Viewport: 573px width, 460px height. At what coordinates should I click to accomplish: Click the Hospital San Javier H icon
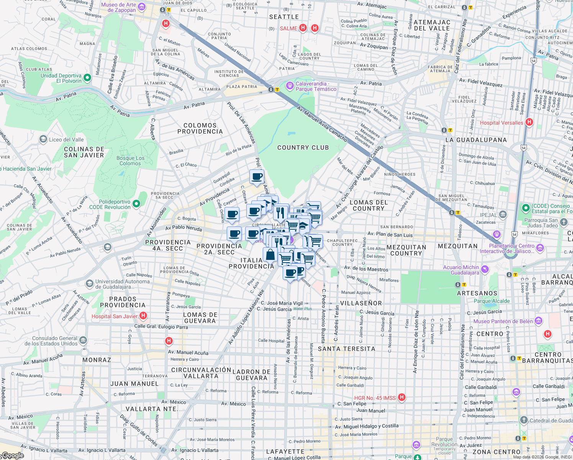click(143, 316)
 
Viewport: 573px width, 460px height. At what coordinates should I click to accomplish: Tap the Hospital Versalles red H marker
click(529, 122)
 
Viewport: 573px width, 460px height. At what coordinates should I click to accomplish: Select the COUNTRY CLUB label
click(303, 148)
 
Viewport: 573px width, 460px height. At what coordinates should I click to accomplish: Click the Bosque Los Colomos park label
click(130, 161)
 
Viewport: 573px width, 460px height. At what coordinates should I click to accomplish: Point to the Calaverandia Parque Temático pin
click(290, 84)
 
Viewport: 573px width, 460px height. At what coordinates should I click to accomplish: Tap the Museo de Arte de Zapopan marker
click(141, 7)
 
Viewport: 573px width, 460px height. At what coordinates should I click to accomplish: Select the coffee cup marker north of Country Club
click(257, 177)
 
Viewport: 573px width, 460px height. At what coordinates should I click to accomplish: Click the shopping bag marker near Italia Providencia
click(270, 255)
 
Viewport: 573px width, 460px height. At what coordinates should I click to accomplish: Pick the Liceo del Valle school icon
click(43, 140)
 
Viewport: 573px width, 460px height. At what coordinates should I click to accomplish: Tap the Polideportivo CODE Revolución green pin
click(137, 204)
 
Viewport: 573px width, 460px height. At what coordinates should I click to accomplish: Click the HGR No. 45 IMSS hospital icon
click(401, 398)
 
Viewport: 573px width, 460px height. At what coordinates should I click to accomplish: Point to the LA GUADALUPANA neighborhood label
click(476, 140)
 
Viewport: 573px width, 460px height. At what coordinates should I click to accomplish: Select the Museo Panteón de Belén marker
click(539, 321)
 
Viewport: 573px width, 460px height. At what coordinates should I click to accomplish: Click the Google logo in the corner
click(12, 455)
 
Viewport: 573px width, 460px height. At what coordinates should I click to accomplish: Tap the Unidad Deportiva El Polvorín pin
click(87, 78)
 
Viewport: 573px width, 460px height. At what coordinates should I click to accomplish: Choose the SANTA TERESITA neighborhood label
click(347, 349)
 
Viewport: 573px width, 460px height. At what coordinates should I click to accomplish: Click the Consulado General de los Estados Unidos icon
click(83, 340)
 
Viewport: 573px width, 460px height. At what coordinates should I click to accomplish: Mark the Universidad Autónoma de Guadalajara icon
click(89, 284)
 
